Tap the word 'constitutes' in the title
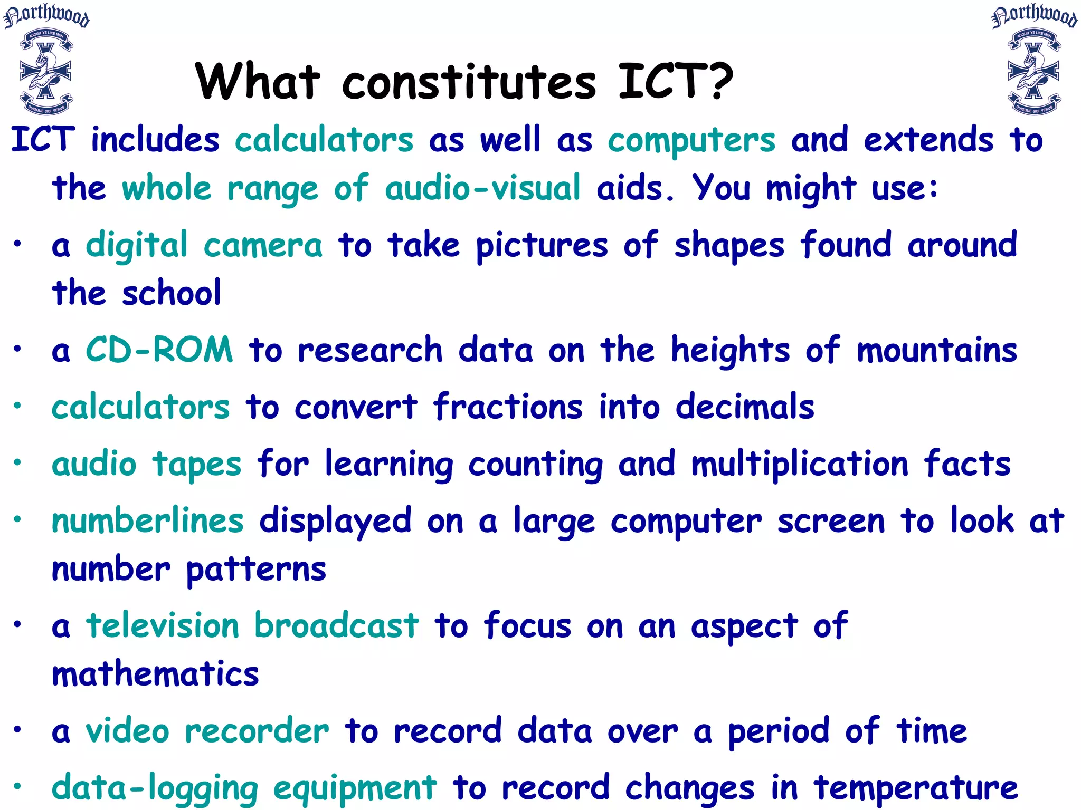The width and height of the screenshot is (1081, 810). [469, 82]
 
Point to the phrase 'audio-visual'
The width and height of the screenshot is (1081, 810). [482, 189]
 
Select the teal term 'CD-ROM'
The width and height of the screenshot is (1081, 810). [159, 350]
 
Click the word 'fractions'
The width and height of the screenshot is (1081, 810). [508, 407]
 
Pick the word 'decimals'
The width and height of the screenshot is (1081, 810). [745, 407]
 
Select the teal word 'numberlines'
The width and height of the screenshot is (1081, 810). [147, 521]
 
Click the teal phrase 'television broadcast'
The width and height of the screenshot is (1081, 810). [252, 626]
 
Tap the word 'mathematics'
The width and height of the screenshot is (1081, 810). [155, 674]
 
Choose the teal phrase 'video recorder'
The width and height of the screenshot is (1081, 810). [207, 731]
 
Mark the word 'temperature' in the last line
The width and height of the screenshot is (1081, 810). [916, 788]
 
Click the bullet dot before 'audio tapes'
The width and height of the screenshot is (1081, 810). [17, 462]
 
